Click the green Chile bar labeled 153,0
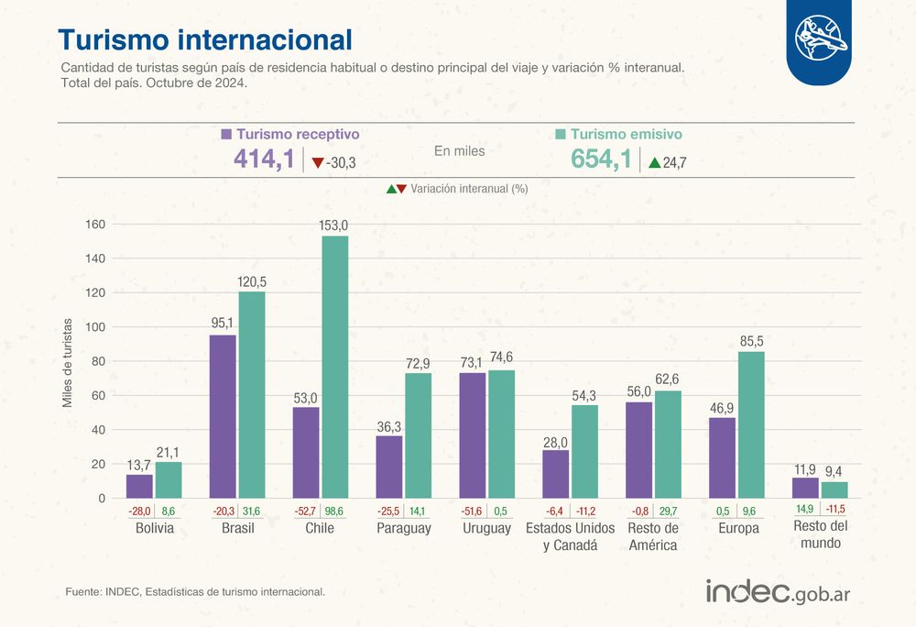334,367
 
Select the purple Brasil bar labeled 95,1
223,417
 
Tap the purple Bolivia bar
139,486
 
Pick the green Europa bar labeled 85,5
751,424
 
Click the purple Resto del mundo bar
805,488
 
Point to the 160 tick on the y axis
95,225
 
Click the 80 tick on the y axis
98,361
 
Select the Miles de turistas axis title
68,363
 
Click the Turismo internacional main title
205,39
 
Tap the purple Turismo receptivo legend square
226,135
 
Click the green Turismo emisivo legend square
561,135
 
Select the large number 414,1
264,159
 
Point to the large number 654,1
601,159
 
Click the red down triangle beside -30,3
318,163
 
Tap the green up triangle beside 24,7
655,162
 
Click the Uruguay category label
486,528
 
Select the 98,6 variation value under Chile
334,511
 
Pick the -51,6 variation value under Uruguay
472,511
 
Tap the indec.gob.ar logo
778,592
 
